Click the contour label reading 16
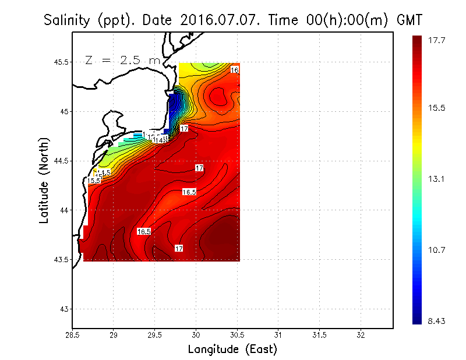235,70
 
